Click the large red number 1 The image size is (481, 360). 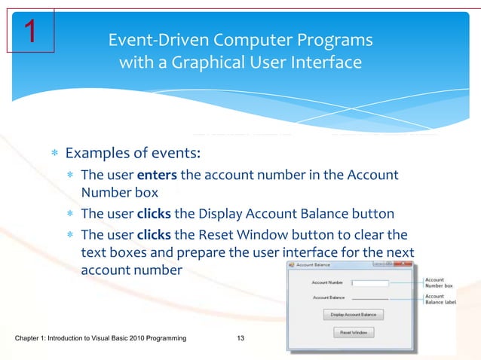click(29, 31)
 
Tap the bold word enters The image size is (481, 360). click(158, 175)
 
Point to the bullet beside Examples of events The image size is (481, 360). click(55, 154)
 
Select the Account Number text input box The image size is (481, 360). click(370, 283)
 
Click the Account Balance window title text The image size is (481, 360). click(313, 265)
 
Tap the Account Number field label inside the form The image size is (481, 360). click(327, 283)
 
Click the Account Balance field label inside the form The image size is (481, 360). click(328, 298)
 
